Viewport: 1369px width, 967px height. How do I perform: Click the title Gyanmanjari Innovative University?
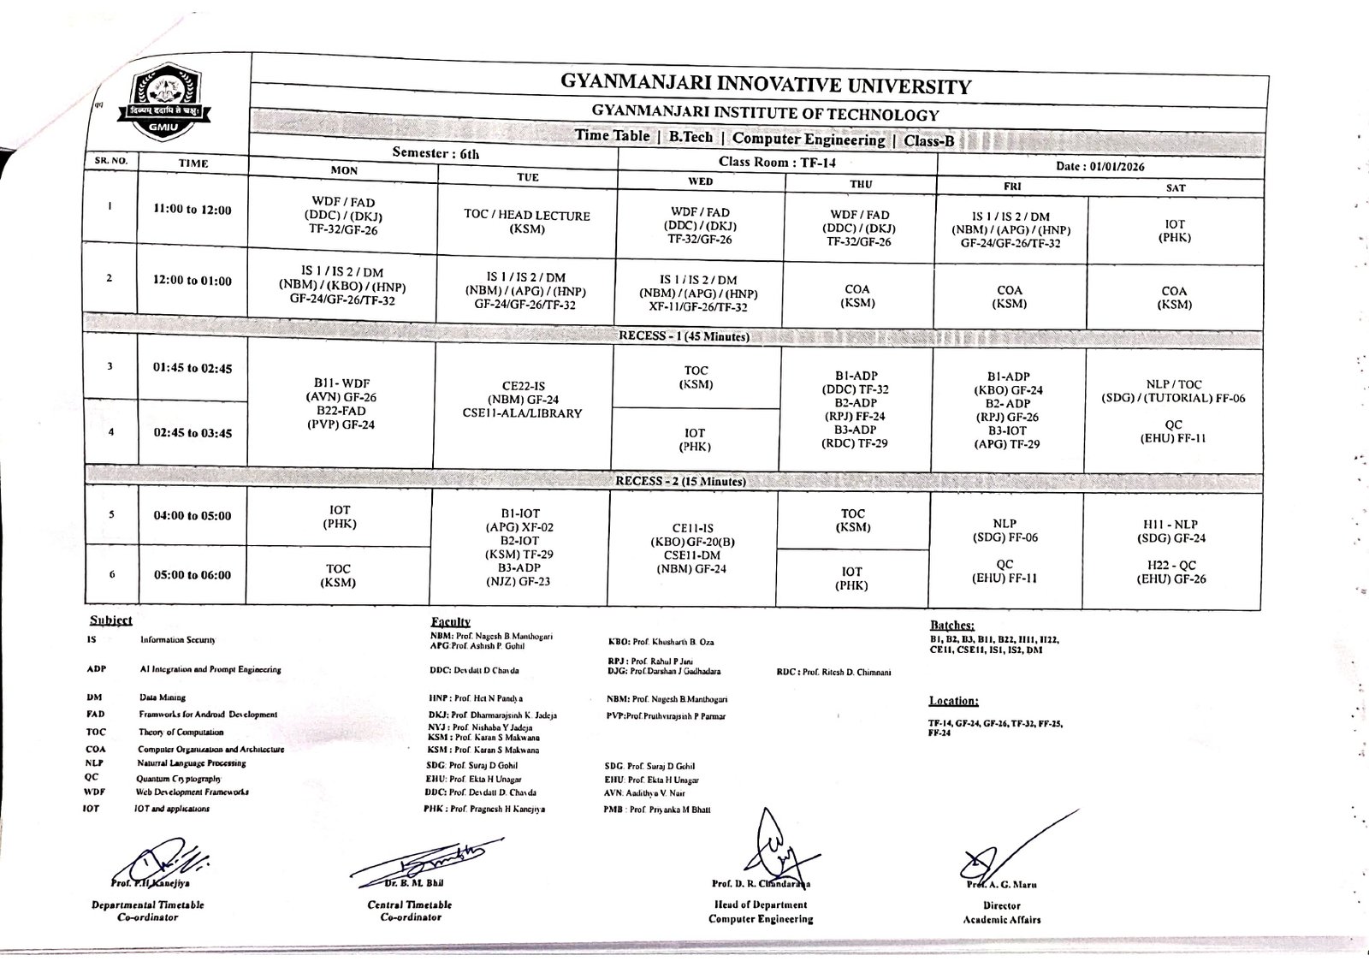tap(765, 85)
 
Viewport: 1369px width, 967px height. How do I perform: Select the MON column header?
tap(344, 170)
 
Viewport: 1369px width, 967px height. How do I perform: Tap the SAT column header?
tap(1176, 187)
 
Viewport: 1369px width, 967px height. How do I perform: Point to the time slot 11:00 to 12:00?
tap(193, 210)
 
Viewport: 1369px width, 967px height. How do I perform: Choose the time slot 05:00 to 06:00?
tap(193, 575)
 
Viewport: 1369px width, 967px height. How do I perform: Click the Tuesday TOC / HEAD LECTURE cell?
tap(526, 222)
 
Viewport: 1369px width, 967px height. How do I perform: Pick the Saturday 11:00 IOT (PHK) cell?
tap(1174, 231)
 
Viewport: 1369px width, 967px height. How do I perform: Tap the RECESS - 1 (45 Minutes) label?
tap(684, 336)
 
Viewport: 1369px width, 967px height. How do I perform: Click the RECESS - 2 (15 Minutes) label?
tap(681, 481)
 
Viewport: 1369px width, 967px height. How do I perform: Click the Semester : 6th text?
tap(436, 153)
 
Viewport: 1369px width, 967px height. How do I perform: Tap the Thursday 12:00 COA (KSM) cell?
tap(857, 296)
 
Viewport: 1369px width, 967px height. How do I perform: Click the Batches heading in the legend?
tap(951, 626)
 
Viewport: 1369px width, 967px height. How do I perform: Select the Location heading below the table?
tap(953, 701)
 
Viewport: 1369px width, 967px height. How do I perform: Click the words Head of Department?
tap(761, 904)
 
